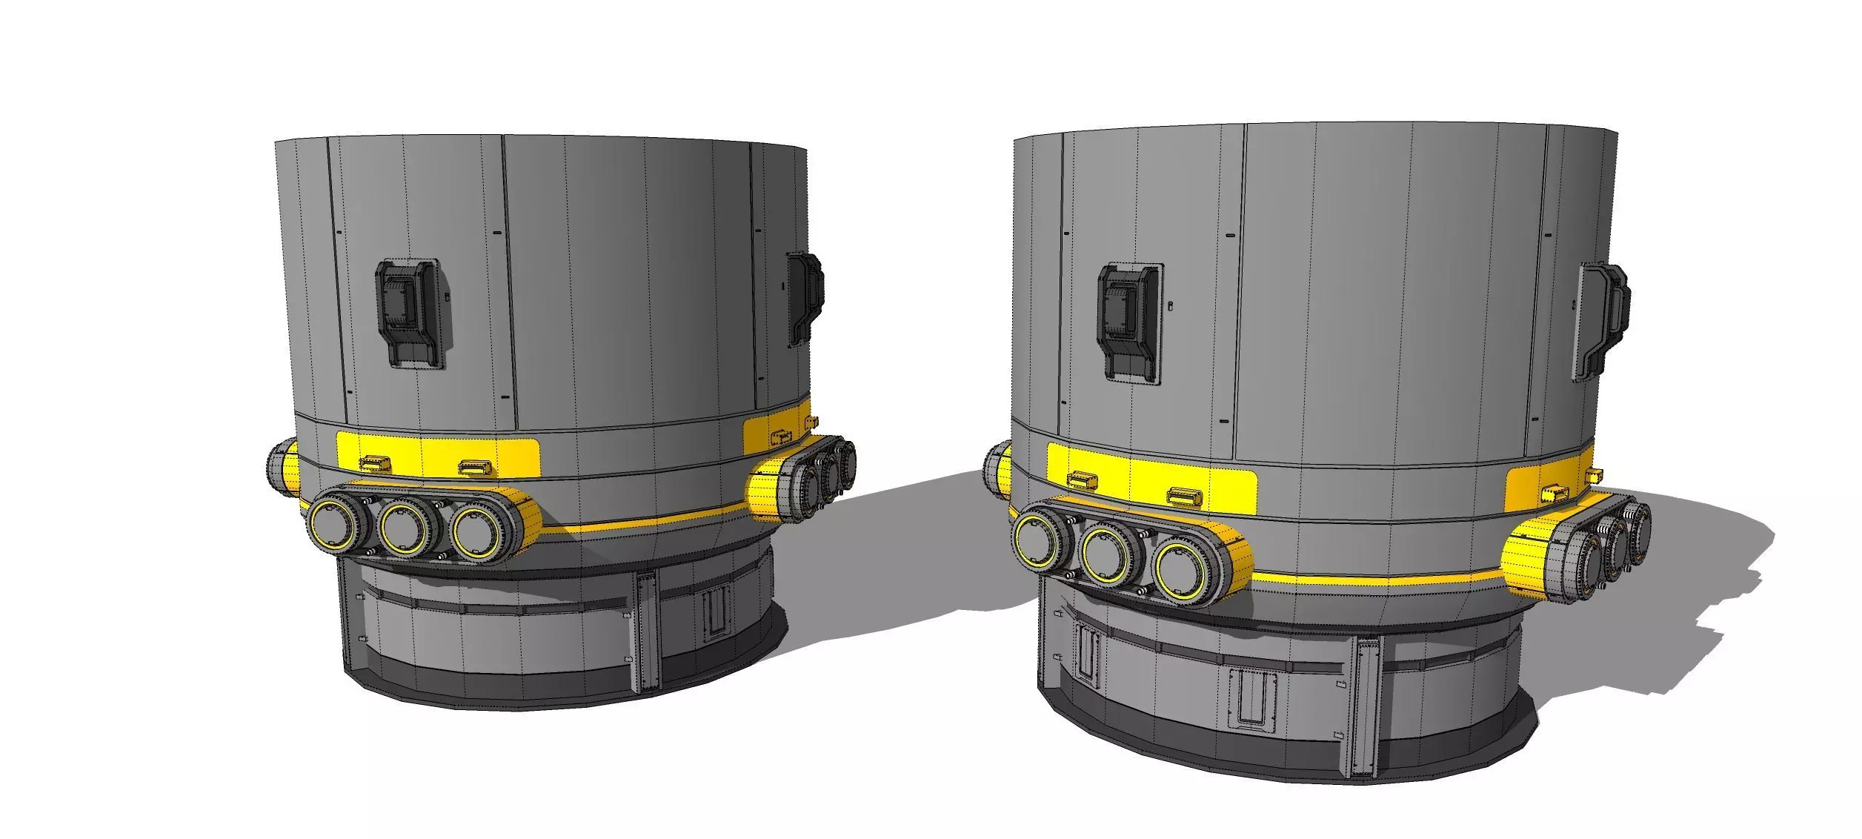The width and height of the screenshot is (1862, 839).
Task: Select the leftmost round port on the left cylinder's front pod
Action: click(x=331, y=524)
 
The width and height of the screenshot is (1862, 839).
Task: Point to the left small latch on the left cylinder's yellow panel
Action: click(x=375, y=464)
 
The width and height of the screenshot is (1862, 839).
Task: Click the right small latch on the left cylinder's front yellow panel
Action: click(x=474, y=467)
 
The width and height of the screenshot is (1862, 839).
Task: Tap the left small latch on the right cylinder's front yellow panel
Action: click(x=1083, y=480)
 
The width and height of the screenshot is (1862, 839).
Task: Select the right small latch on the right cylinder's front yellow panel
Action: click(x=1183, y=494)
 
